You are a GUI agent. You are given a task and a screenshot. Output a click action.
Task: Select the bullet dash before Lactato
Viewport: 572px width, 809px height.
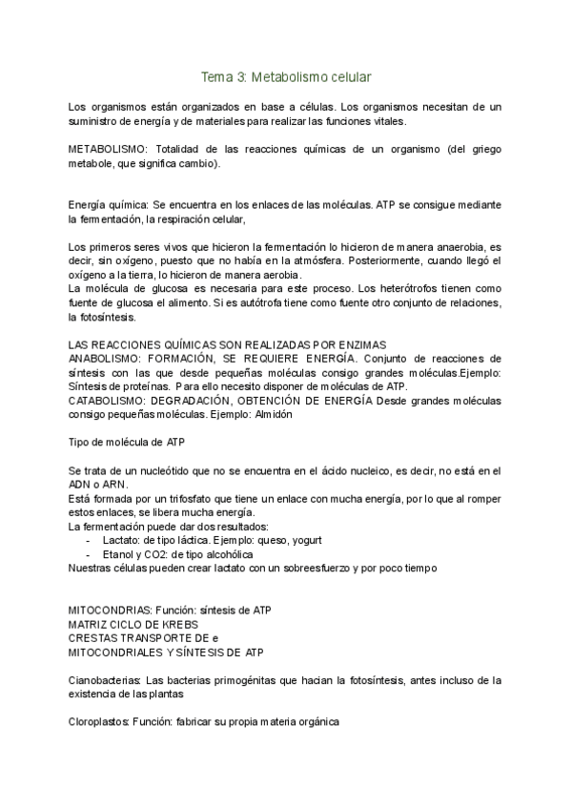pos(89,541)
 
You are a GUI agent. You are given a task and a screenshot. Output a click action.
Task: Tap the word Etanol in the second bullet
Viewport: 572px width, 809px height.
pos(119,554)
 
